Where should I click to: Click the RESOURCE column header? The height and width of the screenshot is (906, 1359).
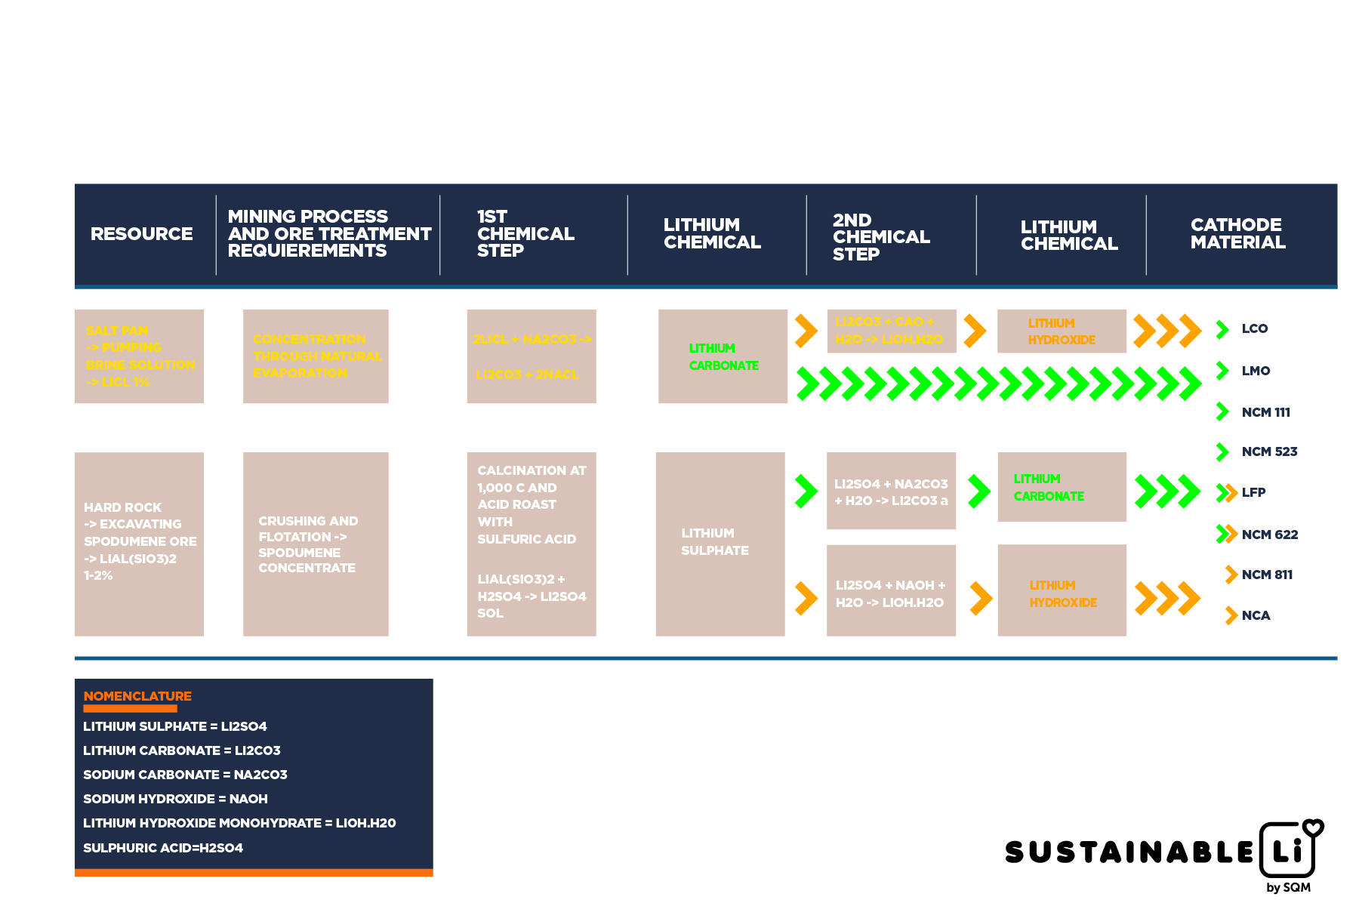[141, 234]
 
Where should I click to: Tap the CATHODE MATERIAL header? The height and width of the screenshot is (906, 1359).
[1237, 234]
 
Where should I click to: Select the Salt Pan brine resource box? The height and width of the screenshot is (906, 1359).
[139, 356]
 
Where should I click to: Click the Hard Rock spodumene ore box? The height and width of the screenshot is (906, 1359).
[139, 544]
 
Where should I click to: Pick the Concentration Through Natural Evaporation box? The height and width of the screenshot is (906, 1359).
[316, 356]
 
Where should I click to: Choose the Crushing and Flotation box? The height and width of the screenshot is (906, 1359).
[316, 544]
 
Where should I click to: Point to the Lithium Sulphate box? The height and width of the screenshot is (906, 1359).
[720, 544]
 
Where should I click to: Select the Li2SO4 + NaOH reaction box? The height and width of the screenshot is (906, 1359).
[891, 593]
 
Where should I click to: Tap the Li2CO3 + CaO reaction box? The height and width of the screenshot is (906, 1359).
[891, 331]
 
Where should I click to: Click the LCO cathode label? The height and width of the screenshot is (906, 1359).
[1255, 329]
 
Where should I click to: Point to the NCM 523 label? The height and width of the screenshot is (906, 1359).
[1269, 451]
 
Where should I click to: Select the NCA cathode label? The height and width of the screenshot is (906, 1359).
[1256, 615]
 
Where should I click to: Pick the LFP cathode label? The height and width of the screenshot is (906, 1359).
[1254, 492]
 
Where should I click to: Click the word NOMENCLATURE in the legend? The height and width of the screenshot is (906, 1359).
[137, 696]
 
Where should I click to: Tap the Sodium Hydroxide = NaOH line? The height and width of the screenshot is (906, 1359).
[175, 799]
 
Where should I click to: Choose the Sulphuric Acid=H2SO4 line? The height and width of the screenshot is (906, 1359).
[163, 848]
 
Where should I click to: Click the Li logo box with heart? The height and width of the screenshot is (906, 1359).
[1289, 849]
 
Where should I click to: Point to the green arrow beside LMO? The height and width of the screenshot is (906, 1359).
[1222, 371]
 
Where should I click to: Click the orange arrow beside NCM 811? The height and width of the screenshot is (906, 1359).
[1231, 575]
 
